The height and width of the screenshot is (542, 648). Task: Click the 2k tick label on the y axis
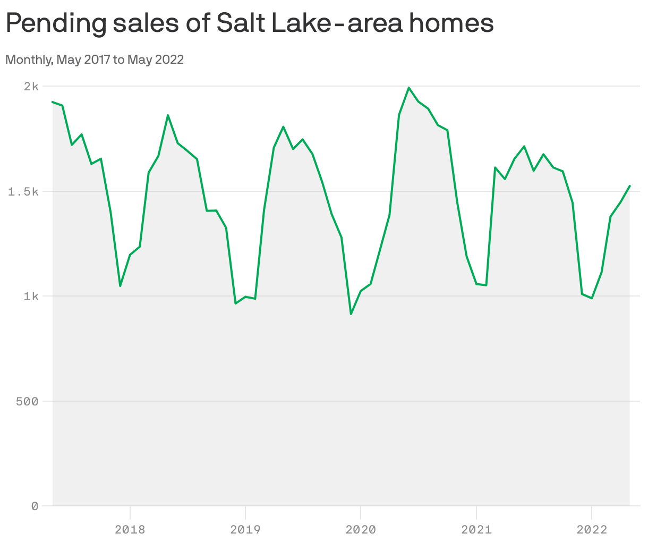pyautogui.click(x=31, y=86)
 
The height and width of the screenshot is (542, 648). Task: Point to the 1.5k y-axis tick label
pyautogui.click(x=23, y=191)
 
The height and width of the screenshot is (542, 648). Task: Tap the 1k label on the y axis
pyautogui.click(x=31, y=296)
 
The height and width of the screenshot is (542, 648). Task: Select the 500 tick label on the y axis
pyautogui.click(x=27, y=401)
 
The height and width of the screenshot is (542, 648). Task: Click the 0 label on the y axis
pyautogui.click(x=35, y=506)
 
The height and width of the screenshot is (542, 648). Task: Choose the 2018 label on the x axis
pyautogui.click(x=130, y=529)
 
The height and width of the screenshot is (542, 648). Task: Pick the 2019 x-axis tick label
pyautogui.click(x=245, y=529)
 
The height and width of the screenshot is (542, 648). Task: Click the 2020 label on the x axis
pyautogui.click(x=361, y=529)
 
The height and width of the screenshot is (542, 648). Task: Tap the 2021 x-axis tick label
pyautogui.click(x=476, y=529)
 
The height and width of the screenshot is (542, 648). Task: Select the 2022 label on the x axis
pyautogui.click(x=591, y=529)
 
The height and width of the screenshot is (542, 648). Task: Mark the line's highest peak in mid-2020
pyautogui.click(x=408, y=88)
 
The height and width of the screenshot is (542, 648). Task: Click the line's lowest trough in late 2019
pyautogui.click(x=351, y=314)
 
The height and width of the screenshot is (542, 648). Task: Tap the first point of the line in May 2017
pyautogui.click(x=53, y=101)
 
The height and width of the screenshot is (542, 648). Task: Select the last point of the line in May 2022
pyautogui.click(x=630, y=186)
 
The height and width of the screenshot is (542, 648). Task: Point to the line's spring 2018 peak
pyautogui.click(x=168, y=115)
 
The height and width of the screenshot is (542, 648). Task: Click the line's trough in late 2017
pyautogui.click(x=120, y=286)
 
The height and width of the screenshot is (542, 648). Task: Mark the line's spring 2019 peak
pyautogui.click(x=283, y=126)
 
